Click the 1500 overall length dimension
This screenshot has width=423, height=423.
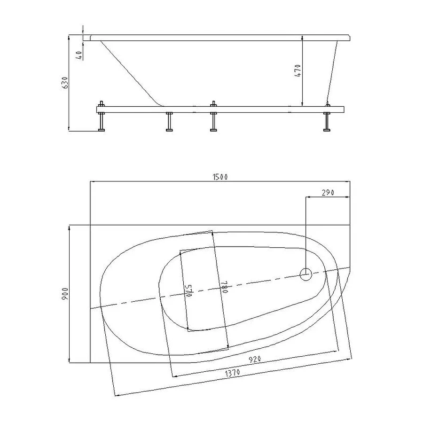[x=220, y=177]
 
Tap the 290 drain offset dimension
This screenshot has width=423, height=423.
[x=328, y=192]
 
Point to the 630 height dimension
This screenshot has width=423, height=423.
[x=65, y=83]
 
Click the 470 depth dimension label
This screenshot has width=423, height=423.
[x=298, y=70]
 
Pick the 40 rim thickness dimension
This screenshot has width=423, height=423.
[x=79, y=55]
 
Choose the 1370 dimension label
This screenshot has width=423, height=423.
[x=232, y=373]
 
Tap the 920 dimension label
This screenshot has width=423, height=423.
[x=255, y=359]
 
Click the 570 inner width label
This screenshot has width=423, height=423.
[x=188, y=290]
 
